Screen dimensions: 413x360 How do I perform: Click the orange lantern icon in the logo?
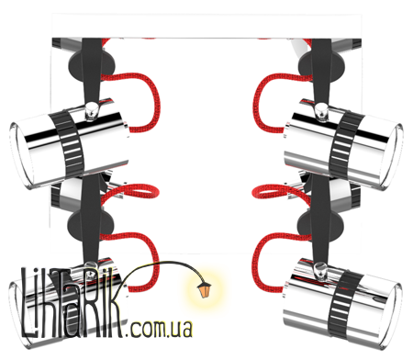click(x=204, y=289)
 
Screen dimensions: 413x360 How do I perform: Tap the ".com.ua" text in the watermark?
click(x=161, y=329)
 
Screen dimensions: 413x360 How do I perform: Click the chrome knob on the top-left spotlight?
click(x=92, y=110)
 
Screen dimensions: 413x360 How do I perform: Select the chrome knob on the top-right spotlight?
click(x=321, y=110)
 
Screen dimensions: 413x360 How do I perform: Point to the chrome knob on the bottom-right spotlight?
click(x=320, y=270)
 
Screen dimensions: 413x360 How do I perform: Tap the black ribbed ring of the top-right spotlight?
click(x=345, y=145)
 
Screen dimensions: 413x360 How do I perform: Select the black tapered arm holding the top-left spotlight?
click(x=91, y=71)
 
